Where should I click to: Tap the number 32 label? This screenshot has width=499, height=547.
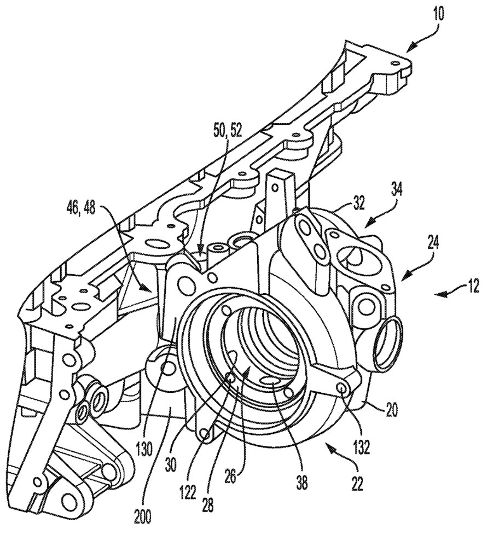coord(357,203)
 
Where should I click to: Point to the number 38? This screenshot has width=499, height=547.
coord(302,483)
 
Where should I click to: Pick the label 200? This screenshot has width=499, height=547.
coord(143,517)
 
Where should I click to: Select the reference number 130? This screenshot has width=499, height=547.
coord(144,450)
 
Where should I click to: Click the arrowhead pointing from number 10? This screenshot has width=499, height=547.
coord(412,45)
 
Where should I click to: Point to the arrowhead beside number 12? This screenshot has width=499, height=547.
coord(440,295)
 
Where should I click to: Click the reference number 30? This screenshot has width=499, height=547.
coord(171,464)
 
